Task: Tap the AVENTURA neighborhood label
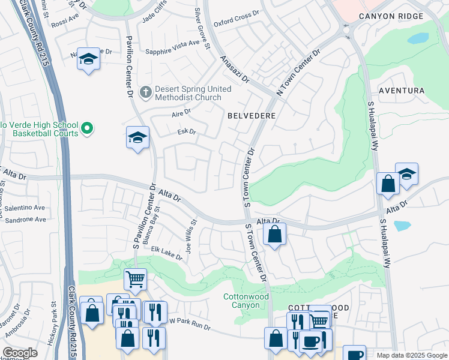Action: (x=402, y=91)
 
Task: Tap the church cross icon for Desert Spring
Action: (x=145, y=93)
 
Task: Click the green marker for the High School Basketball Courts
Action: (x=86, y=128)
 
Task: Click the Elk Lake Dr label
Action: (x=166, y=253)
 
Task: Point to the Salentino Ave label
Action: (x=25, y=208)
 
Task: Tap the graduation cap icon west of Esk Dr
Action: (x=137, y=138)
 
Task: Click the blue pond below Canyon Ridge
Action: (x=418, y=38)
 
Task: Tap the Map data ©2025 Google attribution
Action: (x=411, y=355)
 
